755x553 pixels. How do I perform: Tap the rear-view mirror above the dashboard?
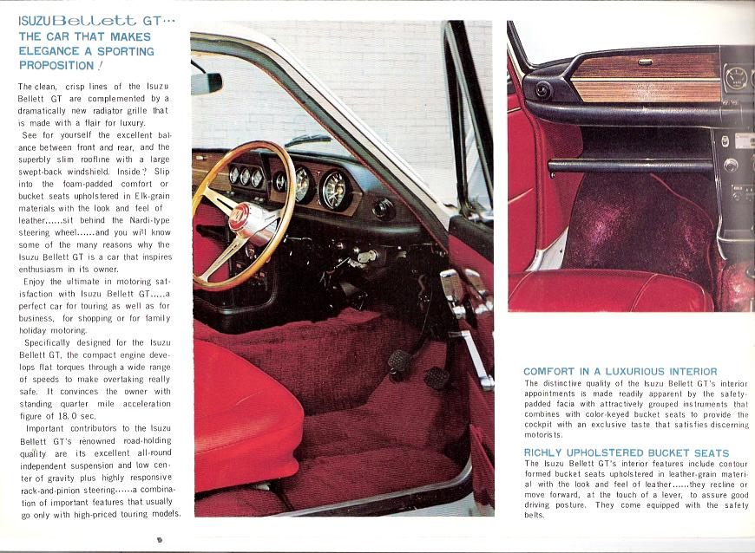coord(207,83)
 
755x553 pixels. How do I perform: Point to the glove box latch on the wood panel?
coord(645,62)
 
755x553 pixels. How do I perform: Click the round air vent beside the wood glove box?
coord(543,89)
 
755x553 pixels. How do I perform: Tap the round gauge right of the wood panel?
coord(735,79)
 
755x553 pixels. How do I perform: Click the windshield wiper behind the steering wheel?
coord(308,140)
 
